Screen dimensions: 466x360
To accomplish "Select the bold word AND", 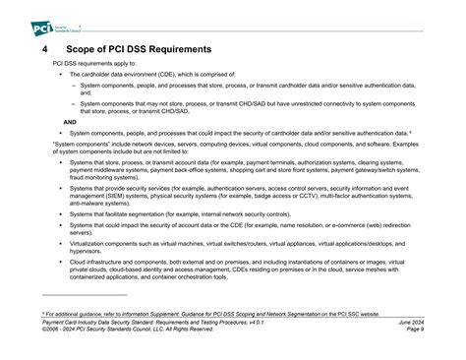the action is click(70, 122).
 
